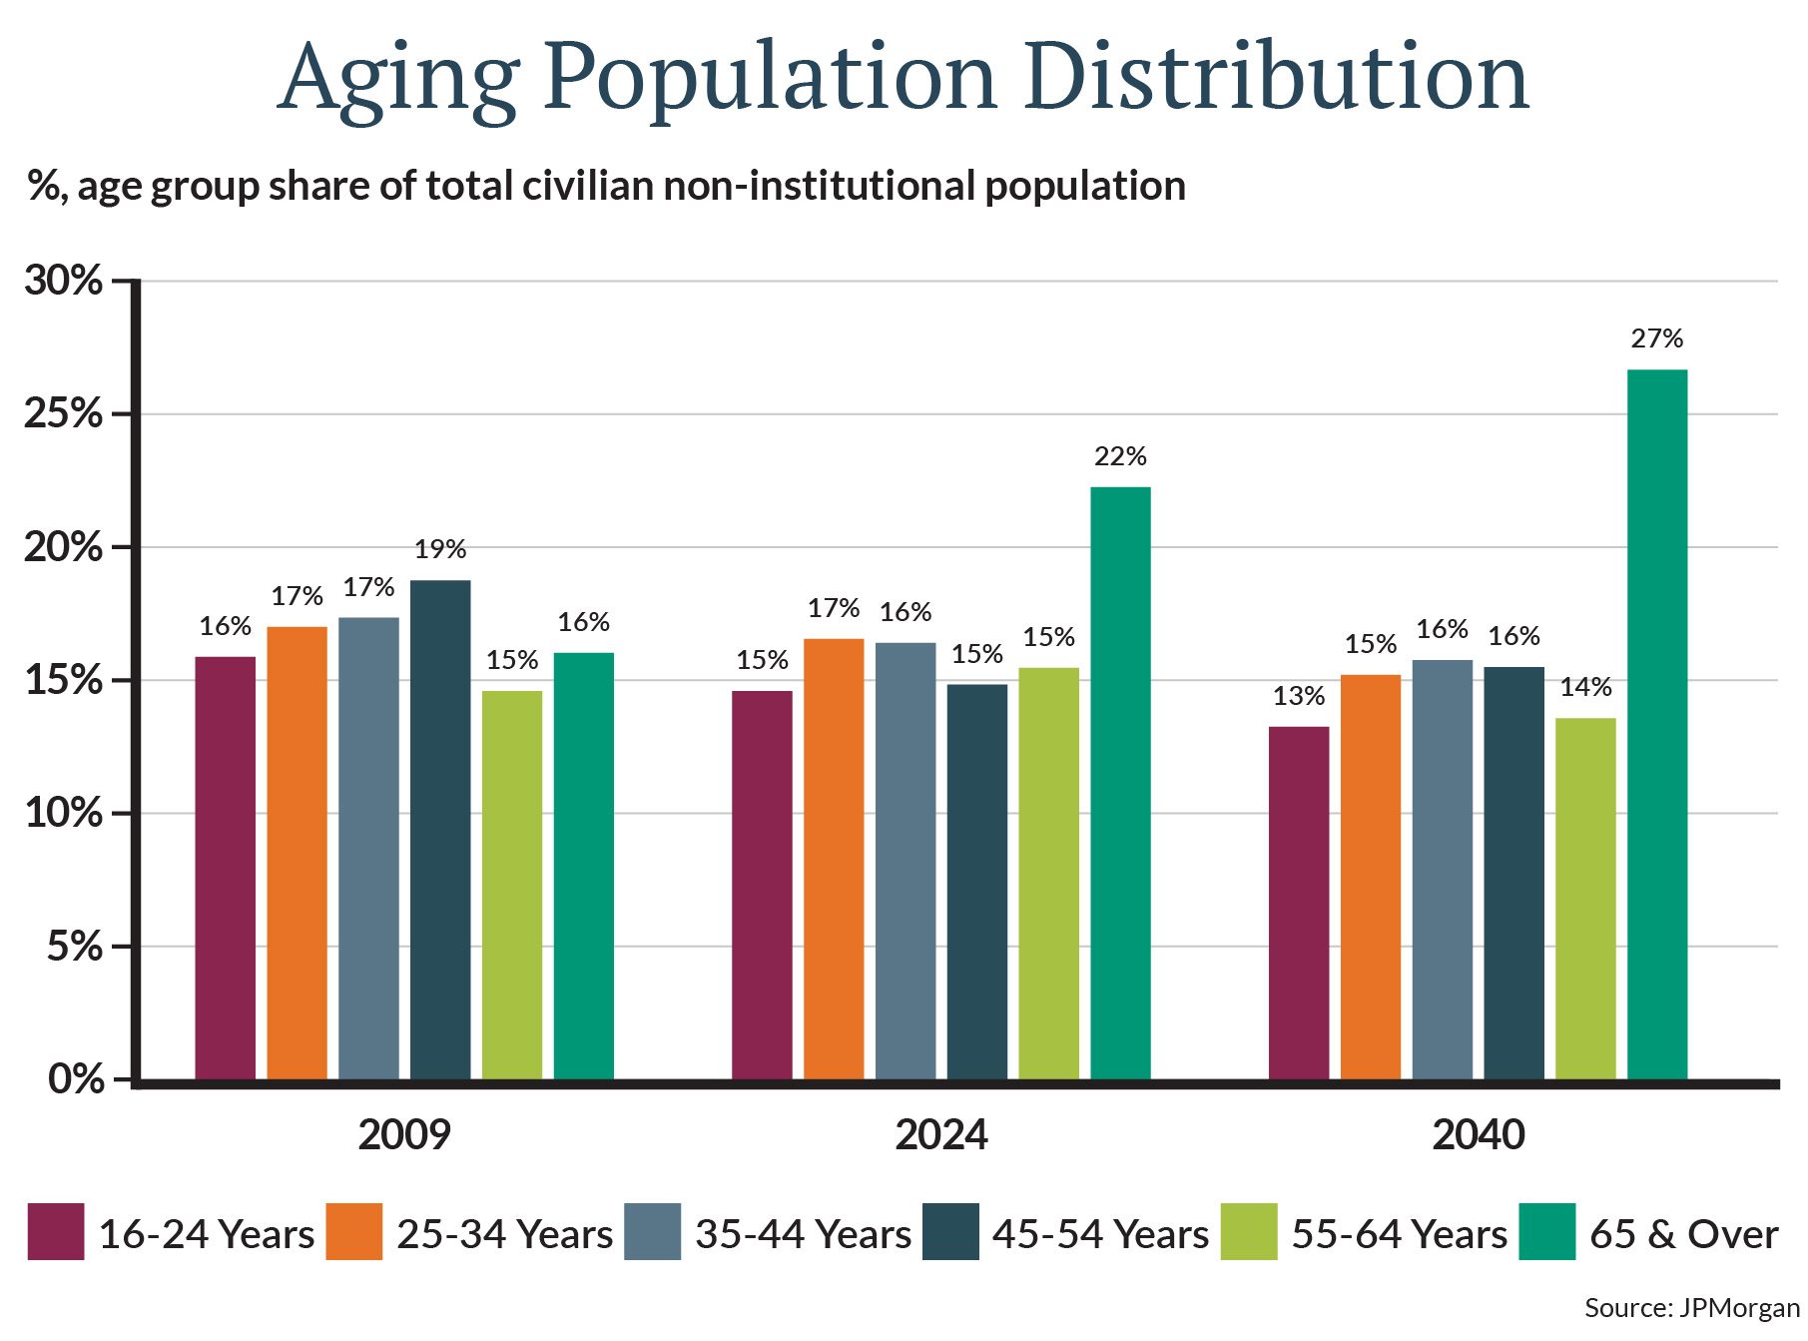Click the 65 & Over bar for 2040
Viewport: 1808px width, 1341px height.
click(x=1657, y=724)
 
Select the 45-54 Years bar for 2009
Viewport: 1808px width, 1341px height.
click(x=440, y=829)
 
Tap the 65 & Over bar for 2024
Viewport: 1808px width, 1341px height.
click(x=1120, y=783)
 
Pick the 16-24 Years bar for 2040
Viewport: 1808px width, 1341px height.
click(x=1299, y=903)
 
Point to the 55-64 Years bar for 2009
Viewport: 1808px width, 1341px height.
click(x=512, y=885)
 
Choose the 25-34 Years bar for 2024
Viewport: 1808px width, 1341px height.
click(x=834, y=859)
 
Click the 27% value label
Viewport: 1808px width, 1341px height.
click(x=1657, y=338)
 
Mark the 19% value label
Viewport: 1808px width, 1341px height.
click(x=440, y=549)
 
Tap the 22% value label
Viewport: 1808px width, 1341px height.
click(x=1120, y=456)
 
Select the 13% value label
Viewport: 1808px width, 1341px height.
click(x=1299, y=696)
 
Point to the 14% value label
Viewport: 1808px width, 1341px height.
click(x=1585, y=687)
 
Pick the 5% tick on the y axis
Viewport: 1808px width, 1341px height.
click(x=75, y=947)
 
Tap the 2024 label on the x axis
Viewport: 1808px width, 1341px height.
click(x=940, y=1135)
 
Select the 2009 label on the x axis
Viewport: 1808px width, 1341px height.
click(x=404, y=1135)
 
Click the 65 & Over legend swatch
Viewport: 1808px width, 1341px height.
click(x=1546, y=1232)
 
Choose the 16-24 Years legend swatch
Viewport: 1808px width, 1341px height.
click(x=56, y=1232)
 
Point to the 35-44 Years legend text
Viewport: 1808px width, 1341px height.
click(x=803, y=1234)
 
